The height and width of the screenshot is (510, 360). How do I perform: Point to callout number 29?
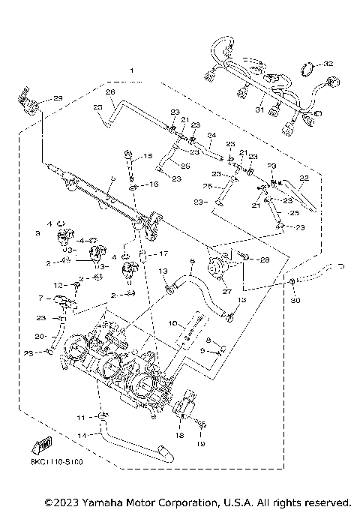click(x=58, y=99)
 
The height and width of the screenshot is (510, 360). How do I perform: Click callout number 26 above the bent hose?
click(x=109, y=92)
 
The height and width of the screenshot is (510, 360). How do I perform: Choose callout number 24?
click(x=212, y=136)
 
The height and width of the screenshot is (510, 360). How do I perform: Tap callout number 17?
click(x=163, y=253)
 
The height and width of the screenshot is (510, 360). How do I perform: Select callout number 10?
click(x=172, y=323)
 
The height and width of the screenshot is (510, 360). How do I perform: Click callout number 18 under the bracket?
click(x=180, y=433)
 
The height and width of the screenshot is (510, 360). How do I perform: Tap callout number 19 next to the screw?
click(x=201, y=445)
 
